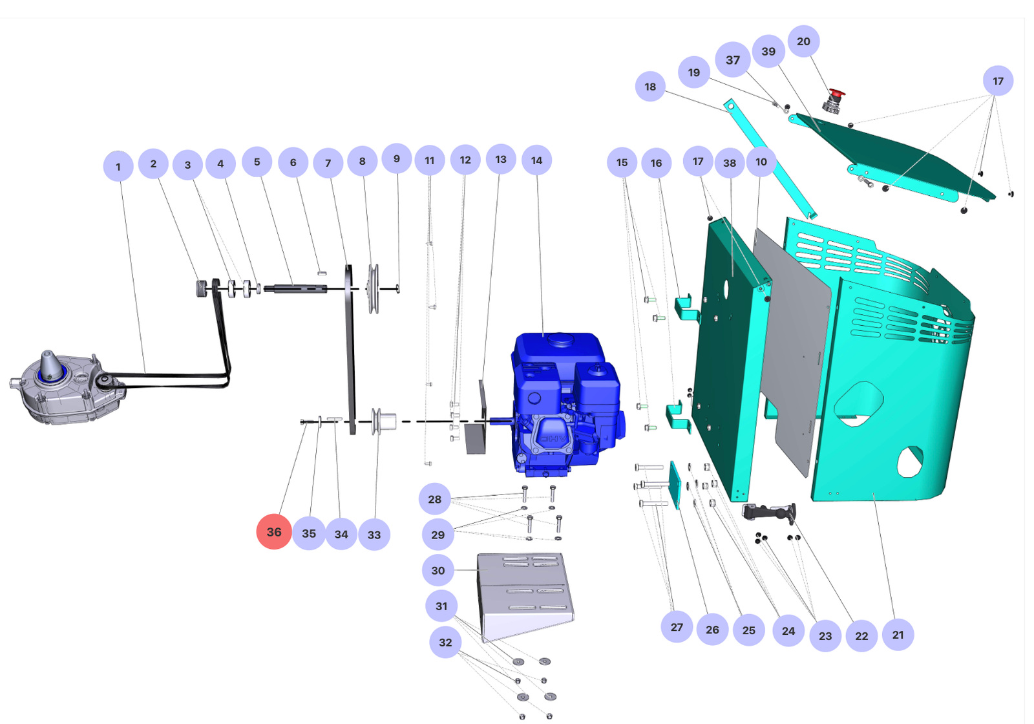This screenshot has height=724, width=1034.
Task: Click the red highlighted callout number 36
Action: [x=274, y=531]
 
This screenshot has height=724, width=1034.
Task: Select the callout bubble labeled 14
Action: [x=536, y=160]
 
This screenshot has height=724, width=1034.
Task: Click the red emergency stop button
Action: [x=836, y=97]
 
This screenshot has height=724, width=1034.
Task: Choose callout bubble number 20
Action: [x=803, y=41]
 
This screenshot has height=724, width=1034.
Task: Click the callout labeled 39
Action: [x=768, y=51]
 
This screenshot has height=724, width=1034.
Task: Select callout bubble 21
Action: [x=898, y=634]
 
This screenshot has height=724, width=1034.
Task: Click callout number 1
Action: [x=118, y=166]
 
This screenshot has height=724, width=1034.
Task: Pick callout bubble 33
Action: [x=374, y=535]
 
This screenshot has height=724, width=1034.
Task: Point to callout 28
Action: [x=435, y=499]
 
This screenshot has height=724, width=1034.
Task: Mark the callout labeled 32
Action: [x=445, y=642]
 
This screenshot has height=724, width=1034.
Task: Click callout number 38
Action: [x=730, y=163]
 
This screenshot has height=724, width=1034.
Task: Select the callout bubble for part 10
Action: [x=761, y=162]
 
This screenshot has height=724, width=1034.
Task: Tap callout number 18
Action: [x=650, y=87]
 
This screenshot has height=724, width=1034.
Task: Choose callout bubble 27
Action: [x=677, y=627]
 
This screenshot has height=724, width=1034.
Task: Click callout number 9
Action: [x=397, y=159]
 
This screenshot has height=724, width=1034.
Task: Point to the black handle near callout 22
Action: [x=769, y=513]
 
